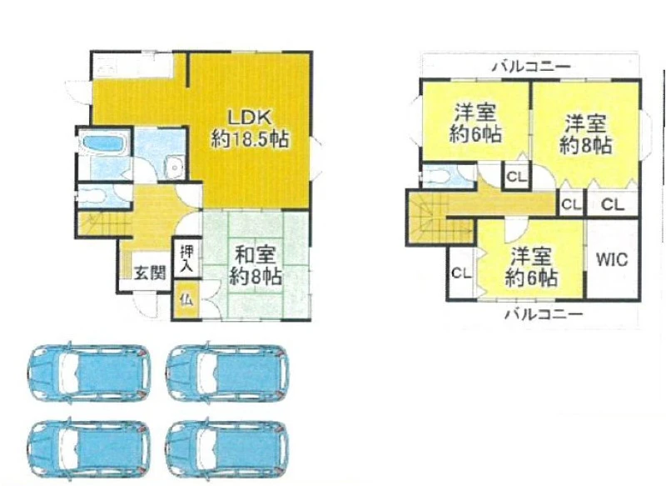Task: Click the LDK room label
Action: pyautogui.click(x=250, y=118)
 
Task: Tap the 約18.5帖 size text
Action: pyautogui.click(x=250, y=139)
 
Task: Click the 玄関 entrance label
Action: pyautogui.click(x=150, y=273)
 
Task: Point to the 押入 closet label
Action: pyautogui.click(x=186, y=259)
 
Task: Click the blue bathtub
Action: pyautogui.click(x=103, y=143)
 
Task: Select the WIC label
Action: pyautogui.click(x=612, y=259)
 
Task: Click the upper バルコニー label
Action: pyautogui.click(x=531, y=67)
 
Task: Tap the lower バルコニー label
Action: pyautogui.click(x=544, y=314)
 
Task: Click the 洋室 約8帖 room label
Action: pyautogui.click(x=586, y=134)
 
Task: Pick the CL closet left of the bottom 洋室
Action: pyautogui.click(x=461, y=273)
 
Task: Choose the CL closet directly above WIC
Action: pyautogui.click(x=613, y=205)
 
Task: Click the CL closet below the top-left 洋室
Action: pyautogui.click(x=516, y=177)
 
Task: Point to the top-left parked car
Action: pyautogui.click(x=89, y=373)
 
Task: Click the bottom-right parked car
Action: pyautogui.click(x=227, y=449)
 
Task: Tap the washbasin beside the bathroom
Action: pyautogui.click(x=173, y=167)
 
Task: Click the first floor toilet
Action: pyautogui.click(x=94, y=197)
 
